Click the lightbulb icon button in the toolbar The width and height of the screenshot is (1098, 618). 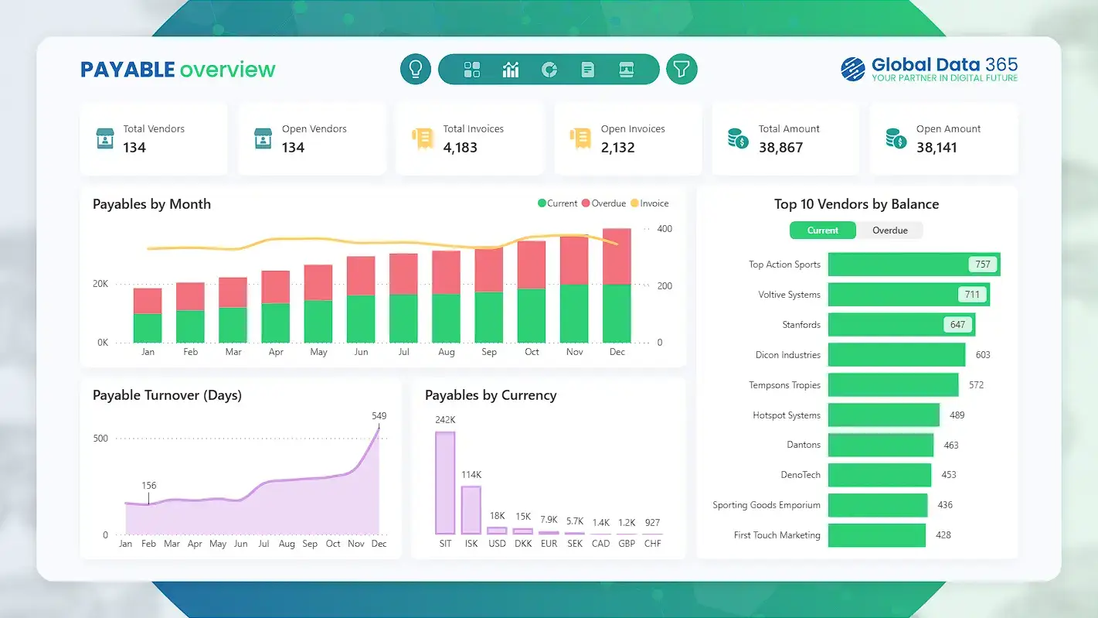point(415,69)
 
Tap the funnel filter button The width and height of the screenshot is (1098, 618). point(681,69)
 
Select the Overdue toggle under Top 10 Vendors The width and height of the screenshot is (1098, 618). point(889,230)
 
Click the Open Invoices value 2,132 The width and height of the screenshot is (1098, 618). point(617,148)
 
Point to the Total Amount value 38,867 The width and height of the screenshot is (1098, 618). point(780,148)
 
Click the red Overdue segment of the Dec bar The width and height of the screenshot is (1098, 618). point(617,257)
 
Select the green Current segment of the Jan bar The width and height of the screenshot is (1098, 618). point(148,328)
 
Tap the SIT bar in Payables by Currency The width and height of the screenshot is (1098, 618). point(445,483)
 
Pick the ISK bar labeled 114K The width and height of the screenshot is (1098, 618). point(471,510)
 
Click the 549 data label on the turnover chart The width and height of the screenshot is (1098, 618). point(379,416)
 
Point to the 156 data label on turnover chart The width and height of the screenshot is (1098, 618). point(149,486)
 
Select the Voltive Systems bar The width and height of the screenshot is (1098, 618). point(908,295)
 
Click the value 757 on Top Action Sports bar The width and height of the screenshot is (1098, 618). point(982,265)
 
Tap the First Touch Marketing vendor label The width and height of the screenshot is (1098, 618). point(777,535)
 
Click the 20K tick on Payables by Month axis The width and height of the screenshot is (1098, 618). point(100,284)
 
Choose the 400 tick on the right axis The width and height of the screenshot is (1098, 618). point(664,229)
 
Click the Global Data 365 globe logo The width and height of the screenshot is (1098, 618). point(853,70)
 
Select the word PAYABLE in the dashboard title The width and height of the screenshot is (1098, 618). point(127,70)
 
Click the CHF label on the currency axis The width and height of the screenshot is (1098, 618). point(652,544)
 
